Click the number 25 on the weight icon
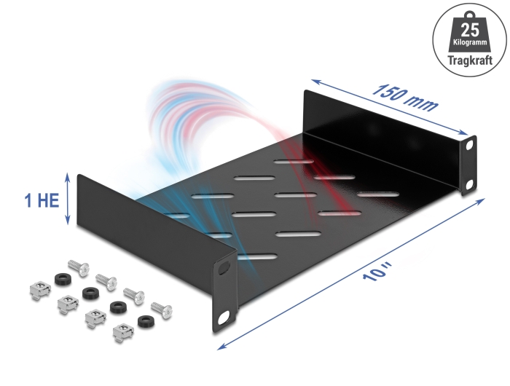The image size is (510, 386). point(470,31)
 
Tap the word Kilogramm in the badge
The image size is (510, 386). point(470,42)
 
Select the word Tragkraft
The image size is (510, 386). point(470,60)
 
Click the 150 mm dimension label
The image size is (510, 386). point(405,98)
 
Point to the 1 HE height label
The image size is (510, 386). point(42,200)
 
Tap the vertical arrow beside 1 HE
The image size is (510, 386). point(68,199)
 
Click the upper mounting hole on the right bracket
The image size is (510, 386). point(469,146)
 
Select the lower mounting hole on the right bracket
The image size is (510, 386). point(469,185)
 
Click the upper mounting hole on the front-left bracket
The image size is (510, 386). point(224,268)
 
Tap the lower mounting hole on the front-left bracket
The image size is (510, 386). point(224,318)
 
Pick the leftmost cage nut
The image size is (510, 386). point(40,290)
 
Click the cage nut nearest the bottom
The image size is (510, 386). point(123,332)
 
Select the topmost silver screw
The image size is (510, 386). point(79,268)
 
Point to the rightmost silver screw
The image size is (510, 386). point(162,310)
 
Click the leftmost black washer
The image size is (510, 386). point(60,279)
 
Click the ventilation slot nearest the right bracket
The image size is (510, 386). point(378,194)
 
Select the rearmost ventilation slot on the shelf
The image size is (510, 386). point(294,161)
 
